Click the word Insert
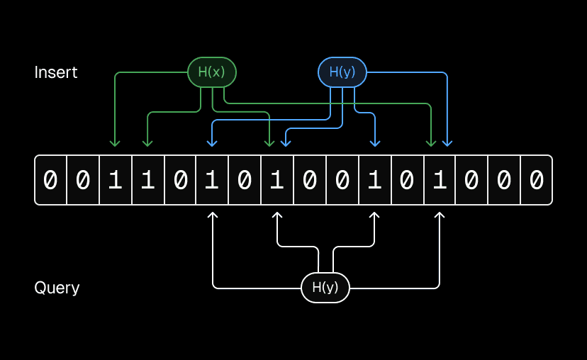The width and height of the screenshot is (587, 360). pos(56,72)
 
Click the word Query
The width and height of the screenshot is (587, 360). pos(57,288)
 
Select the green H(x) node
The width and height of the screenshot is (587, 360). pos(211,72)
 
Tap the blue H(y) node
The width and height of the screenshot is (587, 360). pos(342,72)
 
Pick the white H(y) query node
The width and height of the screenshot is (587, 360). pos(325,287)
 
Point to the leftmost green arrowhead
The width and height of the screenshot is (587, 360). pos(115,143)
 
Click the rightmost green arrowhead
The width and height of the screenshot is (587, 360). pos(430,143)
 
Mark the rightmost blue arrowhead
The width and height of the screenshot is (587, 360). pos(447,143)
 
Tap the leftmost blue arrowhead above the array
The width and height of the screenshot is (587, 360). pos(212,143)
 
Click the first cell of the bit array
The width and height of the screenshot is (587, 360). pos(50,181)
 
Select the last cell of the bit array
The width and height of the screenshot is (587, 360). pos(536,181)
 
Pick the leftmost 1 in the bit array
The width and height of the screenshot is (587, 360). pos(116,181)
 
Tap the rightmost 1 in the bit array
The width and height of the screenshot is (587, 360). pos(440,181)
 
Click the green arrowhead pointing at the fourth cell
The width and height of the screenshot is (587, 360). pos(147,143)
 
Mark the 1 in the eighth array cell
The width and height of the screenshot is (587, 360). pos(277,181)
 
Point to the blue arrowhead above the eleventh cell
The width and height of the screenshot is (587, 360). pos(375,143)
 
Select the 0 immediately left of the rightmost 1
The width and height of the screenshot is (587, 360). pos(407,181)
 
